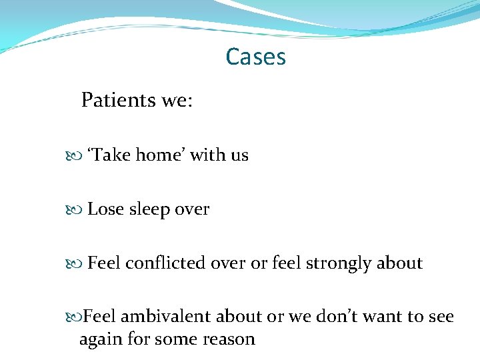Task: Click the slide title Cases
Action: tap(255, 57)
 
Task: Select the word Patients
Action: tap(118, 100)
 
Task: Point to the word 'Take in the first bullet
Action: tap(110, 155)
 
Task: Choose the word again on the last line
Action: tap(99, 340)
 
